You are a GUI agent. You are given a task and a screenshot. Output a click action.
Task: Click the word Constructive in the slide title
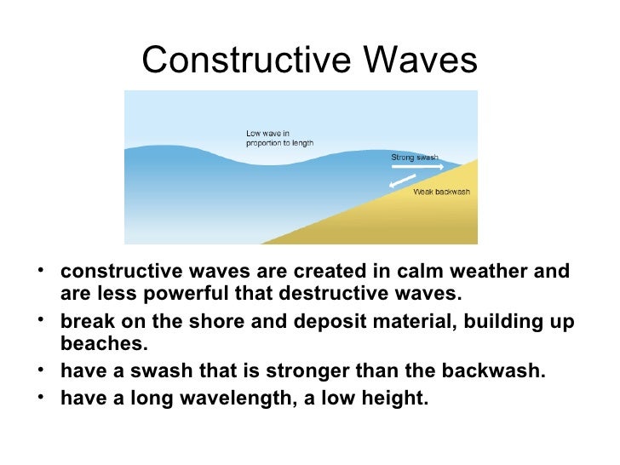coord(248,60)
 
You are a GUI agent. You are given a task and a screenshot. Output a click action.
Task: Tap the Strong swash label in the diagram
coord(415,158)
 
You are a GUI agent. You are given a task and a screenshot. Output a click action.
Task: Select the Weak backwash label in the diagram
coord(441,192)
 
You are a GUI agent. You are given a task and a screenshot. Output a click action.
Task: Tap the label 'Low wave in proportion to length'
coord(279,138)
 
